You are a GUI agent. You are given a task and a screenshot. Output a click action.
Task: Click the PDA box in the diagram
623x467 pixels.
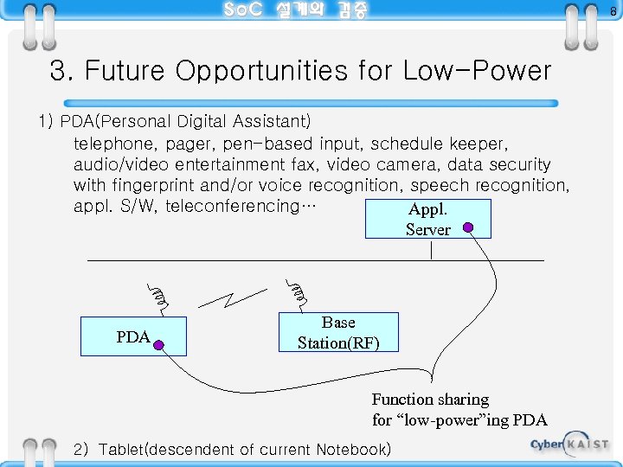pyautogui.click(x=133, y=336)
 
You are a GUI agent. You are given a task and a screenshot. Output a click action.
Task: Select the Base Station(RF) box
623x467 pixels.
pyautogui.click(x=338, y=332)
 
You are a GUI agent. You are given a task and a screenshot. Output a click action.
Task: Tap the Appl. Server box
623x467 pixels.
pyautogui.click(x=427, y=219)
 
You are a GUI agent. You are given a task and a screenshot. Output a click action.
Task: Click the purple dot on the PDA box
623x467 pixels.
pyautogui.click(x=160, y=345)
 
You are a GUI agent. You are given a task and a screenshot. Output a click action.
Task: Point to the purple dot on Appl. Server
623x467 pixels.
pyautogui.click(x=468, y=228)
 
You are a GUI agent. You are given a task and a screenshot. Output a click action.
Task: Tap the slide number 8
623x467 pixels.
pyautogui.click(x=612, y=11)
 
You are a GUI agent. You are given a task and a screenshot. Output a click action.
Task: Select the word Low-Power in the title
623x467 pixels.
pyautogui.click(x=476, y=71)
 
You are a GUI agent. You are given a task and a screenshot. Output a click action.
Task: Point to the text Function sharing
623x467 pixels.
pyautogui.click(x=430, y=400)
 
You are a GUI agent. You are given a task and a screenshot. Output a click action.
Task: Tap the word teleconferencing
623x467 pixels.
pyautogui.click(x=234, y=206)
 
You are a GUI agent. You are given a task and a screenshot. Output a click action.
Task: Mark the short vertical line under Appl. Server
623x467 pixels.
pyautogui.click(x=431, y=249)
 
